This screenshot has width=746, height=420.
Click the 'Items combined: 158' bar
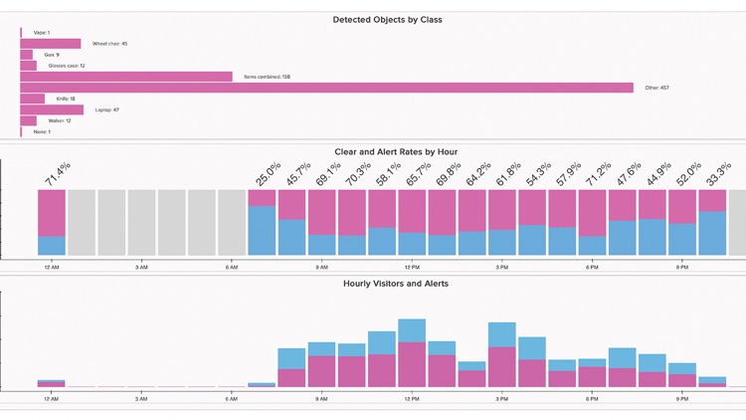(126, 77)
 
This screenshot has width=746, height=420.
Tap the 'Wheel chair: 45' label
(109, 44)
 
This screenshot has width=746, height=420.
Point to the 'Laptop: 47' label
(106, 110)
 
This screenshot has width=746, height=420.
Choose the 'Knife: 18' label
(66, 99)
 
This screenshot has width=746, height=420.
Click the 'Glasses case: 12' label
(67, 66)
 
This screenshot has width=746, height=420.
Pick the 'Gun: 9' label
(52, 55)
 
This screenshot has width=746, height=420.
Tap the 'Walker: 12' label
(59, 121)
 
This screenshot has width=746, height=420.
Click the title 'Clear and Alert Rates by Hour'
(396, 152)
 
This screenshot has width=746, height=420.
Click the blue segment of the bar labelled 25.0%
(262, 231)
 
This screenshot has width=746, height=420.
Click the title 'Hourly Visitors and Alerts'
(396, 284)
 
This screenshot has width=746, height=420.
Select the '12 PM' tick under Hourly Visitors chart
(411, 399)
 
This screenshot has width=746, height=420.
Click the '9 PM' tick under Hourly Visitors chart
(681, 399)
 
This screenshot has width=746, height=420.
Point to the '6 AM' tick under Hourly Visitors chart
(232, 399)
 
